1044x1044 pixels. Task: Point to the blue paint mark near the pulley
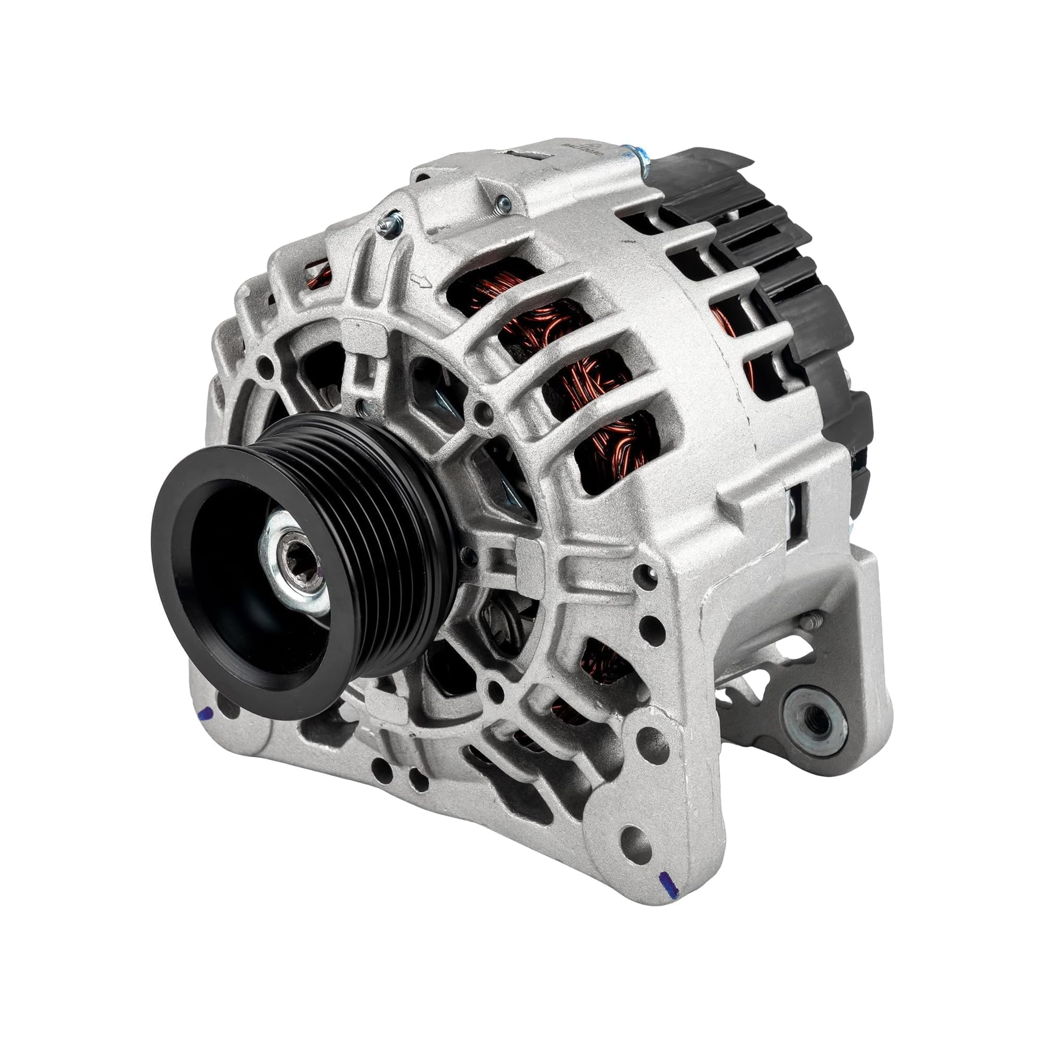[x=206, y=715]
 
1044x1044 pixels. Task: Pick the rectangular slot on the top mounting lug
[x=527, y=156]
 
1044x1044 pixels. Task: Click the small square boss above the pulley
[x=357, y=329]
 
